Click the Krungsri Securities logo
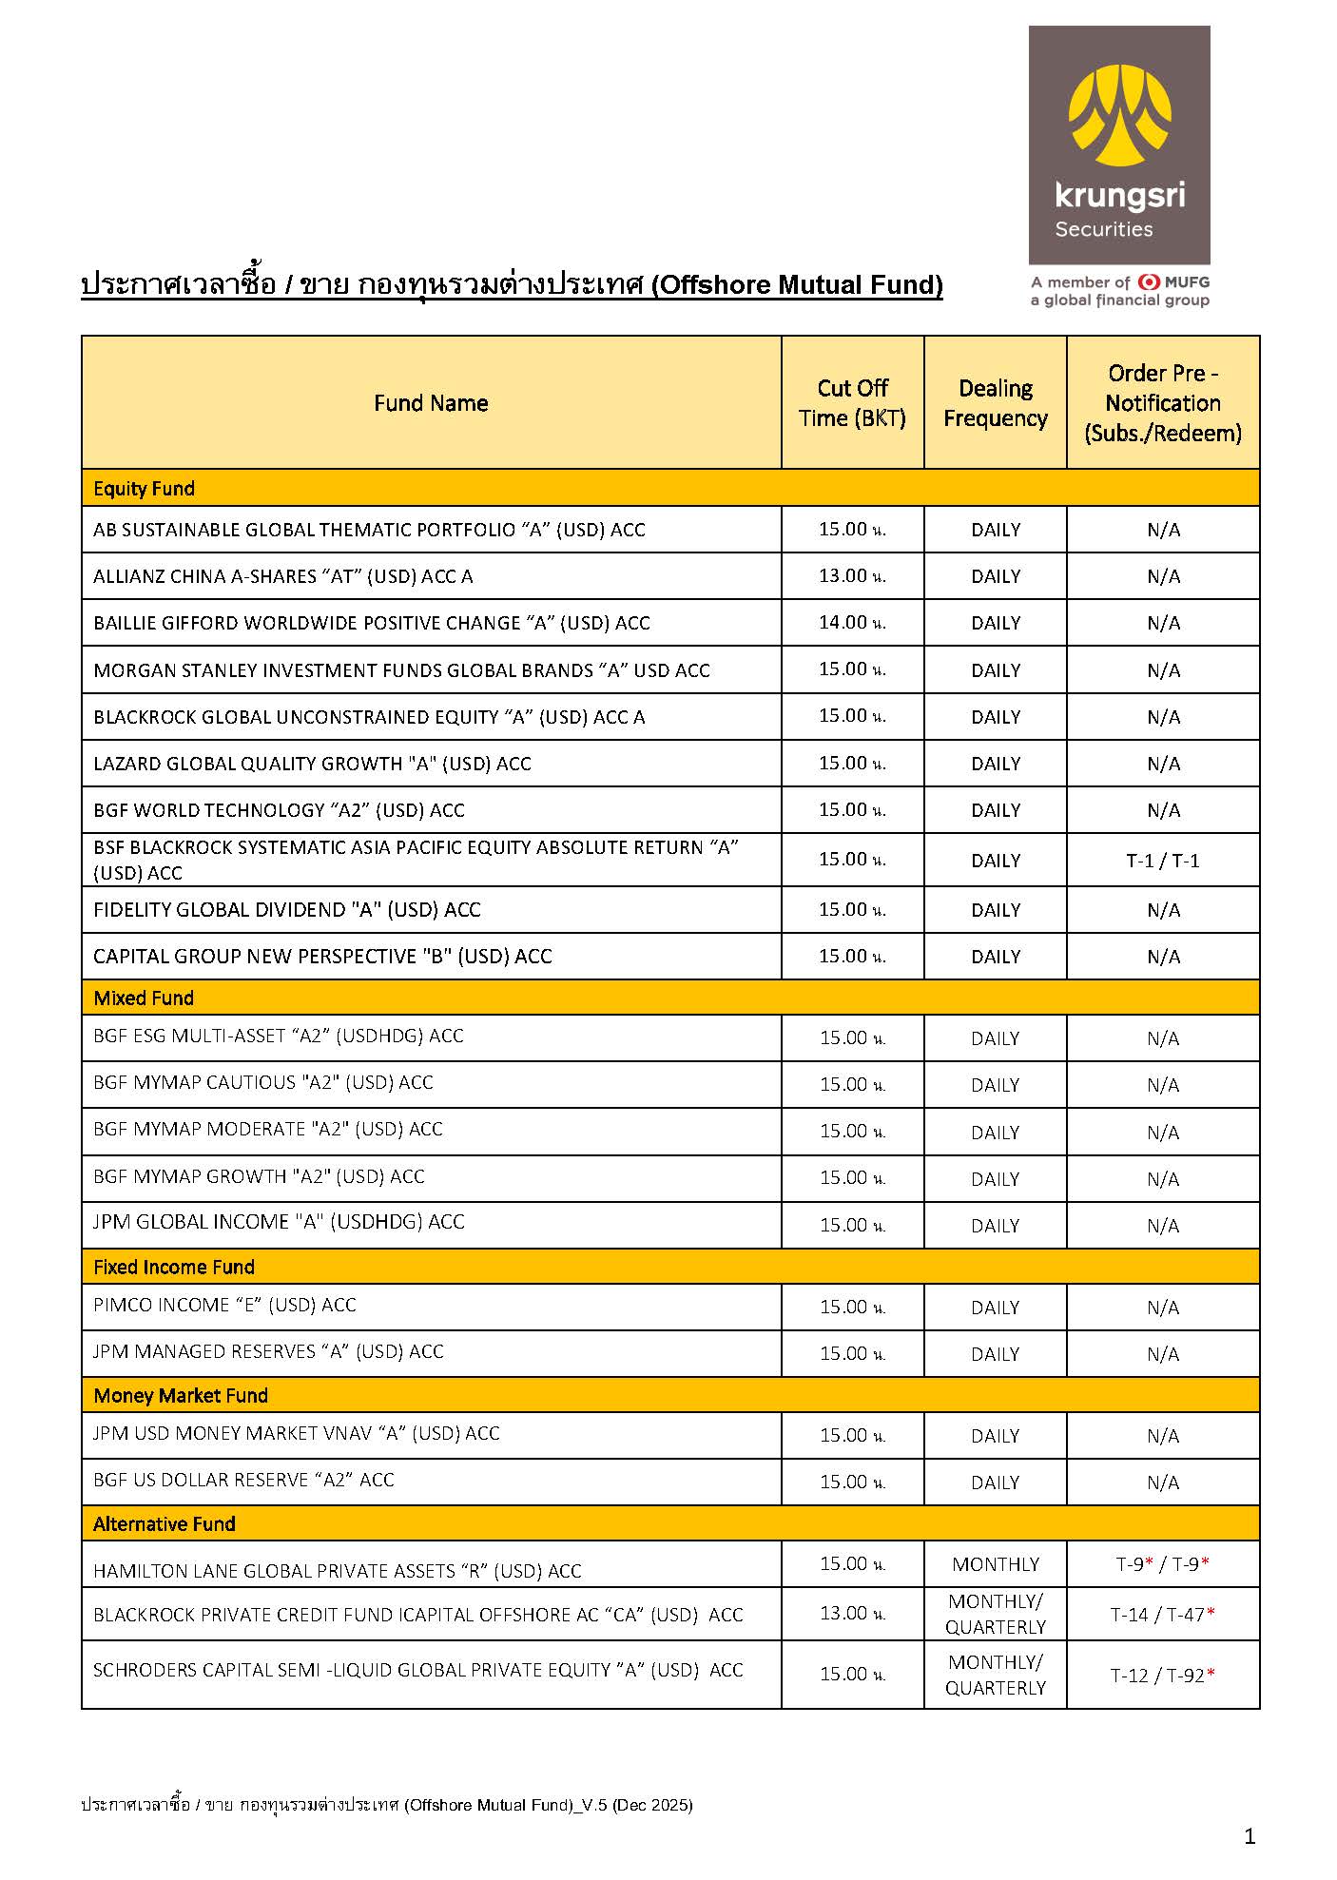[x=1119, y=145]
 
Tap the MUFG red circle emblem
[x=1149, y=281]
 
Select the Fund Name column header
[x=431, y=403]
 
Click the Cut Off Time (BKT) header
[x=852, y=403]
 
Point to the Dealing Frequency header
[x=996, y=403]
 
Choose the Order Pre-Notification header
[x=1163, y=403]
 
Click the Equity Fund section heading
[x=144, y=489]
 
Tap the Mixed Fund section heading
[x=144, y=998]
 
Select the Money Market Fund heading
[x=181, y=1395]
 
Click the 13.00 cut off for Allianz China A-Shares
[x=852, y=576]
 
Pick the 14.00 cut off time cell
[x=852, y=623]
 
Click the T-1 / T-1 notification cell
[x=1163, y=861]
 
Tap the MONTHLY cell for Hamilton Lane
[x=996, y=1564]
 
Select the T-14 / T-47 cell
[x=1162, y=1615]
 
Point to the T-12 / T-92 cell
[x=1162, y=1676]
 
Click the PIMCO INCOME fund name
[x=224, y=1306]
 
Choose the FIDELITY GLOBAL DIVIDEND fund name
[x=287, y=910]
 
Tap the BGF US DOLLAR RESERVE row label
[x=243, y=1481]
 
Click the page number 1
[x=1250, y=1836]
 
